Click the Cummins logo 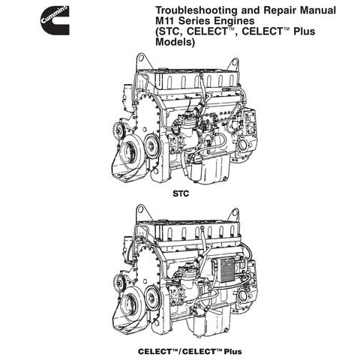click(x=55, y=20)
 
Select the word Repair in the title click(x=280, y=10)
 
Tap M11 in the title click(x=165, y=20)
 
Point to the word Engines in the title click(x=233, y=21)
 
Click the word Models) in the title click(x=175, y=42)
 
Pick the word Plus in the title click(x=304, y=31)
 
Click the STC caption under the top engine click(x=181, y=193)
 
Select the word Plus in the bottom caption click(x=232, y=352)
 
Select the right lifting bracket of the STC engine click(x=233, y=65)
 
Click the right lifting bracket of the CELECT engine click(x=234, y=215)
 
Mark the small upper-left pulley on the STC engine click(x=118, y=130)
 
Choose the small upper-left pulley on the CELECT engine click(x=119, y=281)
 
